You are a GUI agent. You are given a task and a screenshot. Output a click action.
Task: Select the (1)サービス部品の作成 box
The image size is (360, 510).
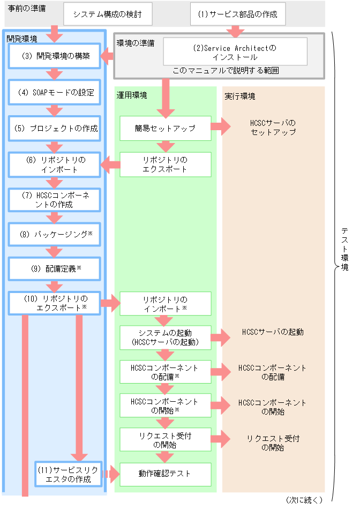coord(238,14)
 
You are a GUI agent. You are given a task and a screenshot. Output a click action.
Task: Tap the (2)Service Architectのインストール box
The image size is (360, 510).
coord(235,51)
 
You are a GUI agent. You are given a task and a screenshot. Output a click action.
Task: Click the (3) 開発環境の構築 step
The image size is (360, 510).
coord(54,56)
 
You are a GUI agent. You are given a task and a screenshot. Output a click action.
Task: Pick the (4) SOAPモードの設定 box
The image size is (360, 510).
coord(54,92)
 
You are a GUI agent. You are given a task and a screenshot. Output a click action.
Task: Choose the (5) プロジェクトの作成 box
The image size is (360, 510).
coord(54,129)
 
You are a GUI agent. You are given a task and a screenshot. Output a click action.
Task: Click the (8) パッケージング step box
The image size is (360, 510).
coord(54,235)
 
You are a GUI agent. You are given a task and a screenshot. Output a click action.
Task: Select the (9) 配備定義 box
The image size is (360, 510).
coord(54,268)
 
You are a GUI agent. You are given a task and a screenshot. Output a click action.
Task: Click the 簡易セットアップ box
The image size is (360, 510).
coord(165,129)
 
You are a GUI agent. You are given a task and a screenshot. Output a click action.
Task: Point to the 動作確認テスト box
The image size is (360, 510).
coord(165,474)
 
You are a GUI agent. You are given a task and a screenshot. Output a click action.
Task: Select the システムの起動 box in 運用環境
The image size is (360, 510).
coord(165,337)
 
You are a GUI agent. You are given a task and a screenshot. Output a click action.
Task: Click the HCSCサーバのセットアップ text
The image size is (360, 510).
coord(273,127)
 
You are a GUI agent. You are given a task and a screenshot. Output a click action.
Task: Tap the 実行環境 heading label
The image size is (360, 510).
coord(240,96)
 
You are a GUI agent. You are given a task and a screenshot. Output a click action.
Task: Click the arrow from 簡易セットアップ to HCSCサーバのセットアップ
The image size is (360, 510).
coord(220,127)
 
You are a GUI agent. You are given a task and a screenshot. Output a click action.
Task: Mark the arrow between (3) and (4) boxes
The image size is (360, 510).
coord(54,74)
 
